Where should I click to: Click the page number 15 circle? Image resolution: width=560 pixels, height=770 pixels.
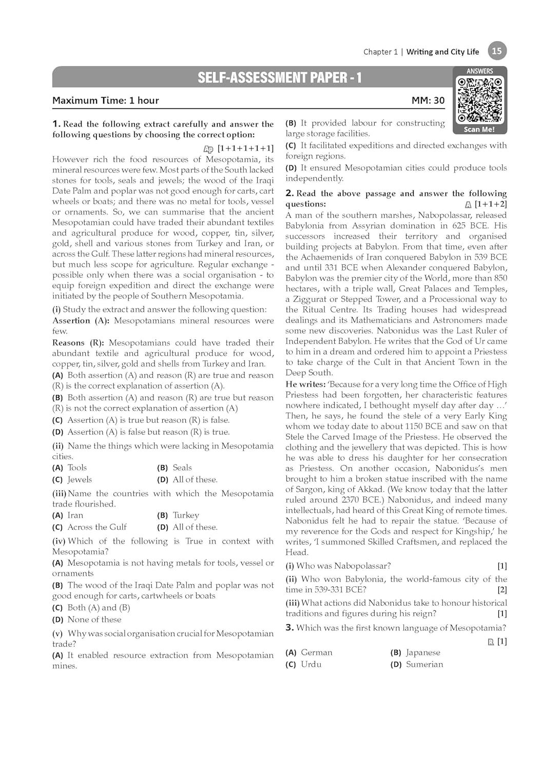point(496,51)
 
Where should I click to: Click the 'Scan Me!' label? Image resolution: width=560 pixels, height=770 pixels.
point(479,129)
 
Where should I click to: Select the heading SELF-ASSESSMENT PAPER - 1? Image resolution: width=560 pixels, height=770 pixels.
point(280,78)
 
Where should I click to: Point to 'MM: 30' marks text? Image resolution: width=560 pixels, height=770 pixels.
point(428,101)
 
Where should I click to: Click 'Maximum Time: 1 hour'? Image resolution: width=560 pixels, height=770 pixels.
point(106,101)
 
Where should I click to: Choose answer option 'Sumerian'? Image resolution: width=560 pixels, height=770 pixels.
point(424,664)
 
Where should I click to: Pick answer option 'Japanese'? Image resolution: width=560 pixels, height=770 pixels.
point(422,652)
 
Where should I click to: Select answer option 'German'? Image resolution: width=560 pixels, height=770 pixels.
point(316,652)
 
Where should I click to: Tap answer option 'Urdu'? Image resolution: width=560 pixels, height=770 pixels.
point(311,664)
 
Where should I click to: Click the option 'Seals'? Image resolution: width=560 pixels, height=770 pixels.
point(182,468)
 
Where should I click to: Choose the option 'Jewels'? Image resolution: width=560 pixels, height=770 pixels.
point(80,479)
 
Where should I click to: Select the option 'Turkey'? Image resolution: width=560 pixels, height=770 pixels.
point(185,515)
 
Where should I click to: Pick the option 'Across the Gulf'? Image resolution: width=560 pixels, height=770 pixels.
point(97,527)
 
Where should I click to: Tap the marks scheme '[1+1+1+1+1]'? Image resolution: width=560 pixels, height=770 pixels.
point(245,148)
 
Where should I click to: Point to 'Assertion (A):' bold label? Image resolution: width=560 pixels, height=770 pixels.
point(81,321)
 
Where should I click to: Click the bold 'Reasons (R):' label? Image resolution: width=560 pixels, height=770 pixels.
point(79,343)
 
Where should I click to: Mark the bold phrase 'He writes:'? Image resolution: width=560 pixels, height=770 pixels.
point(305,384)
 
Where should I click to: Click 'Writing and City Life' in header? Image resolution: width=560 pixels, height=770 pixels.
point(442,52)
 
